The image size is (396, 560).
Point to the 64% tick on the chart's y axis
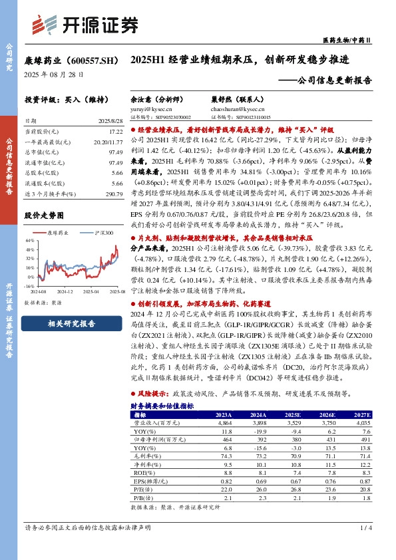pos(29,240)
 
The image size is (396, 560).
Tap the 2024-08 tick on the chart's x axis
pos(37,291)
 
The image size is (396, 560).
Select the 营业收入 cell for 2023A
pos(224,422)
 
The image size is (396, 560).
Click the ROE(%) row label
pos(143,472)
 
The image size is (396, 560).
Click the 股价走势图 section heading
pos(44,216)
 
